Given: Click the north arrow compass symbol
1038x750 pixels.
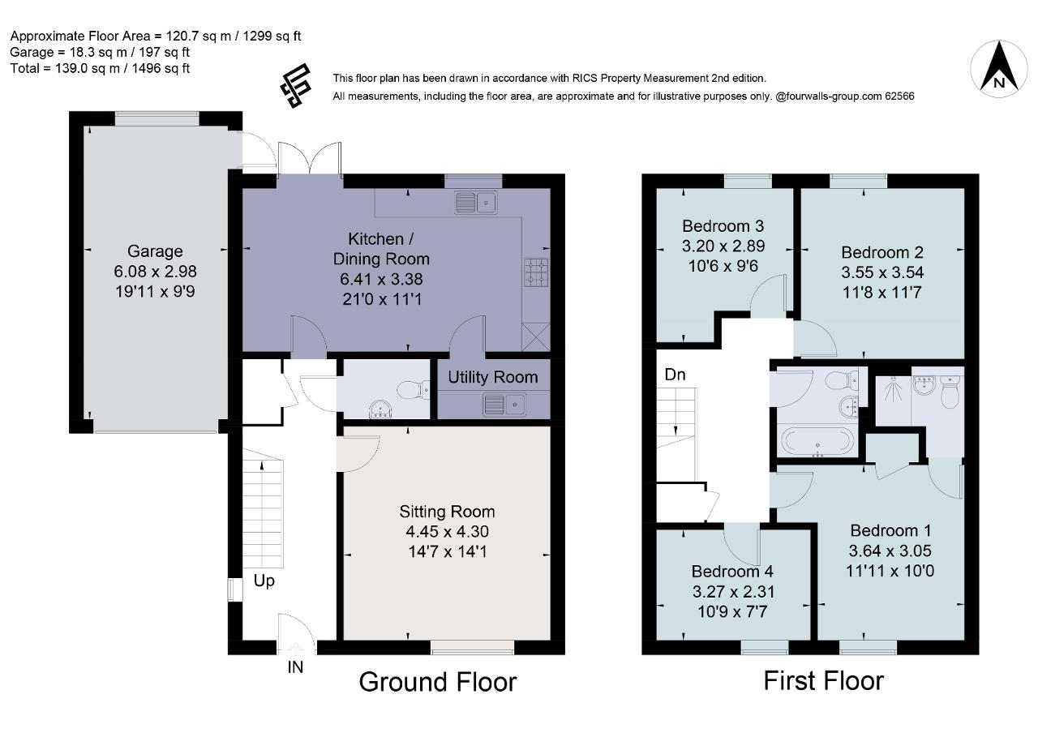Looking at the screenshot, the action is (x=999, y=70).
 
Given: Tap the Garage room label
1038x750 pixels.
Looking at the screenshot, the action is (x=155, y=251).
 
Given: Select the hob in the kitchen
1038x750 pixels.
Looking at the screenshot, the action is (x=536, y=272).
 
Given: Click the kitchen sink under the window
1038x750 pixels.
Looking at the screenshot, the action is (x=476, y=203).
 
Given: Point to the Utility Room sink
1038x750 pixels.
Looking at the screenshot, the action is (x=504, y=405).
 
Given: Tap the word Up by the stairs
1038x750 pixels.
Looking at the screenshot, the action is (x=264, y=581).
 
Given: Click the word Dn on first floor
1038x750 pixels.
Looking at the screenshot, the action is (x=675, y=375).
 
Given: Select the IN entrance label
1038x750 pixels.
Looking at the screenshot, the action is (x=295, y=667).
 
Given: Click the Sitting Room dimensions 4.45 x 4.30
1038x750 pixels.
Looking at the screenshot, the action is (x=447, y=531).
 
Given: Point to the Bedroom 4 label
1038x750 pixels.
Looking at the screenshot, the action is (x=732, y=571).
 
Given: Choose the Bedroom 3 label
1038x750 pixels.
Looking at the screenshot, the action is (x=723, y=226).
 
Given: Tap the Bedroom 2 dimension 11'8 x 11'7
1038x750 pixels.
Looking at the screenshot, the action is (x=881, y=293).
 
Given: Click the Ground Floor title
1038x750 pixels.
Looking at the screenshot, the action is (x=437, y=682).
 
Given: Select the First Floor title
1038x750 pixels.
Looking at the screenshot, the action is (x=823, y=680).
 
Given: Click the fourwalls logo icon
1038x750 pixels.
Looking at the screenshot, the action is (x=295, y=86).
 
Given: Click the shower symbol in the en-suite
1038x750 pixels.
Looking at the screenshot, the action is (x=893, y=388).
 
